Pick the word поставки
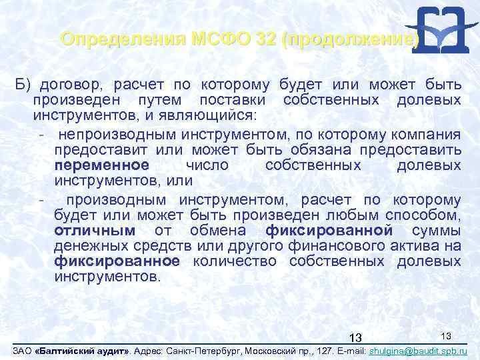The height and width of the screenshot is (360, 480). (233, 100)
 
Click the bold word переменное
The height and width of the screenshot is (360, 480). (102, 165)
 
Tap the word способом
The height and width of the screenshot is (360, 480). (424, 215)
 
